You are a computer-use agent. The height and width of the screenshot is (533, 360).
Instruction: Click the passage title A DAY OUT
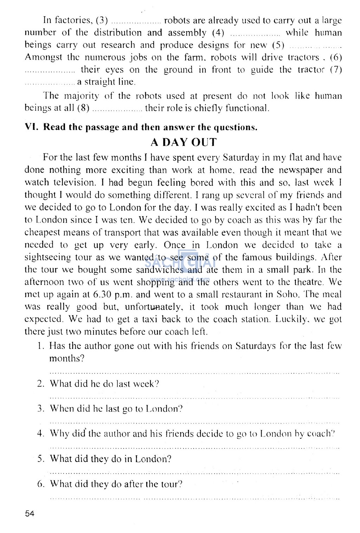184,142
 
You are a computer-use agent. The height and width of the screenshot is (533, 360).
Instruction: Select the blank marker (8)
83,108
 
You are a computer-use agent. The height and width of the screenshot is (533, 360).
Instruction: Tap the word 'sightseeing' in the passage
47,258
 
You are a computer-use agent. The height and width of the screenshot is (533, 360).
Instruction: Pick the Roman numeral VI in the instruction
31,127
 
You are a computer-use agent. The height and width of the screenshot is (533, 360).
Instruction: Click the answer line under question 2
194,397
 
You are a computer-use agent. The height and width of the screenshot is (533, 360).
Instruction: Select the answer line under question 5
194,472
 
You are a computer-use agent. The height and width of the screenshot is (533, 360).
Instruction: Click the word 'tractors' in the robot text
303,57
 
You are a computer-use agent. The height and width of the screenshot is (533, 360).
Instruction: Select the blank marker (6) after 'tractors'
335,57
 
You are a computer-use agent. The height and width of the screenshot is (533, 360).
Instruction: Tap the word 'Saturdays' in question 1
256,346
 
